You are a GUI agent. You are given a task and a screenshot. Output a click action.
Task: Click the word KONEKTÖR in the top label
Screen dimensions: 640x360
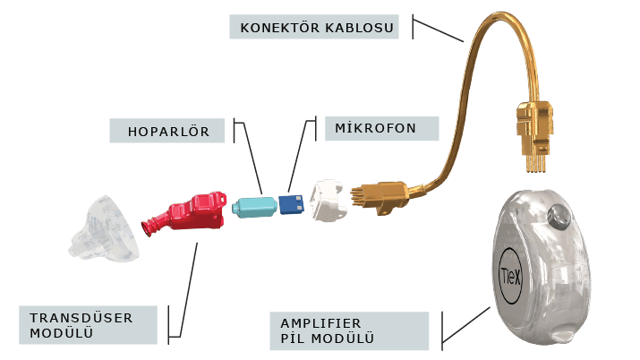pos(279,28)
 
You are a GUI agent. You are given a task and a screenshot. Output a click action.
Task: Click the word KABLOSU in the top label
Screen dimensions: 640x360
pos(360,28)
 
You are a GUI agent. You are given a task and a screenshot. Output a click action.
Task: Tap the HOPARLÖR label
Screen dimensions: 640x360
pos(168,131)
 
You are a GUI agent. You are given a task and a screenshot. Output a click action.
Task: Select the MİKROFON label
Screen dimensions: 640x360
pos(375,128)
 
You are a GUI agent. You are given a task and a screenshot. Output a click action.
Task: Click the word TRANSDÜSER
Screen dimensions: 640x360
pos(81,318)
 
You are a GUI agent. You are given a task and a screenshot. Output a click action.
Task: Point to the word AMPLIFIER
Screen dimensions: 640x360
pos(320,323)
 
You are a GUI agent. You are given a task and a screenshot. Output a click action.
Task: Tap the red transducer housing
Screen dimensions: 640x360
pos(185,213)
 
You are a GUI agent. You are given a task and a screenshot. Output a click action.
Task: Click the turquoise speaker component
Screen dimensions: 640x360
pos(254,207)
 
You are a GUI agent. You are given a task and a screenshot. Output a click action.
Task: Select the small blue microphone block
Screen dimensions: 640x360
pos(292,204)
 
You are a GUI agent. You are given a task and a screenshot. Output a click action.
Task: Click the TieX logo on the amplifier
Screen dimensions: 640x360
pos(510,277)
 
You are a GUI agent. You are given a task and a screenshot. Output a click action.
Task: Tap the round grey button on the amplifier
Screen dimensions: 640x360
pos(559,217)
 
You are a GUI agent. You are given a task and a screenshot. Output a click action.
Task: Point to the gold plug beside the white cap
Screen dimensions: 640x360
pos(380,197)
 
